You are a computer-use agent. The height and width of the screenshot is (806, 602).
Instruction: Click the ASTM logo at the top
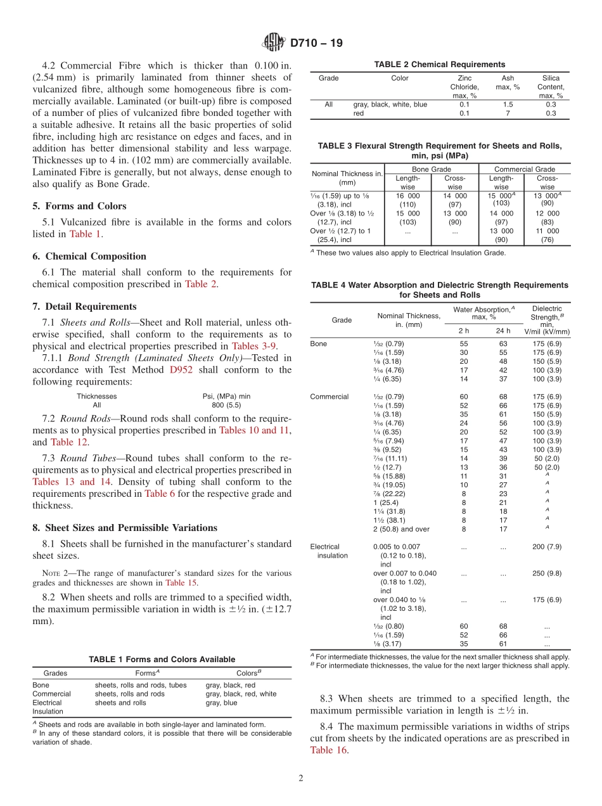274,42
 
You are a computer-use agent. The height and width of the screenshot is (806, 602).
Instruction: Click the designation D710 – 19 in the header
316,43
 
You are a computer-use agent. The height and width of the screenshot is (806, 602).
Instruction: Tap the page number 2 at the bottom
301,779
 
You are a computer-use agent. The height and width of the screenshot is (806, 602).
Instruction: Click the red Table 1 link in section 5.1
85,234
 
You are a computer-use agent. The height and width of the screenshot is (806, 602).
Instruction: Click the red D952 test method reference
181,370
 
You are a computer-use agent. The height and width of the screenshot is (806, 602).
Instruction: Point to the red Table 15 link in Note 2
181,582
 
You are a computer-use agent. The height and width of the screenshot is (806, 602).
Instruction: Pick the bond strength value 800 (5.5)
226,405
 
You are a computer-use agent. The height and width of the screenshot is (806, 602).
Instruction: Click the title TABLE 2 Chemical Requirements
439,64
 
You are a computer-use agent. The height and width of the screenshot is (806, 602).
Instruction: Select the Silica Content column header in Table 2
550,87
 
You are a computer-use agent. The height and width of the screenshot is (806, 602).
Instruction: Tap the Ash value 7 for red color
508,113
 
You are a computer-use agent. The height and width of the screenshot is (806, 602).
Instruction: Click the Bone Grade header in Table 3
431,169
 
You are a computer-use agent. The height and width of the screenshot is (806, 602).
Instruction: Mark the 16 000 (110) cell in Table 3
407,200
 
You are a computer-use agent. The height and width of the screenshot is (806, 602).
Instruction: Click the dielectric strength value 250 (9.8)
547,573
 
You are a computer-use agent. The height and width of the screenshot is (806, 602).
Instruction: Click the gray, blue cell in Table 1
221,703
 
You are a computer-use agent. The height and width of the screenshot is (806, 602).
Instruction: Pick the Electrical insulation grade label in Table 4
328,551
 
